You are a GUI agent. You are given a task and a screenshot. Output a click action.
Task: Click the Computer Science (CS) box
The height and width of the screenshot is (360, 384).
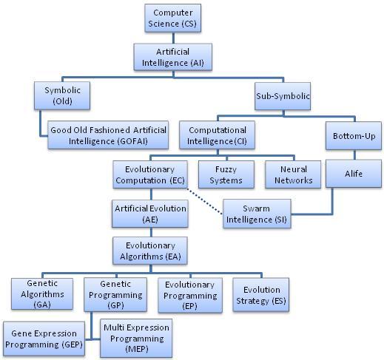(x=173, y=18)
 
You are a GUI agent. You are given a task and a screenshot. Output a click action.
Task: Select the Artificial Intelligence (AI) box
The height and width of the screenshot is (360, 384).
(x=173, y=57)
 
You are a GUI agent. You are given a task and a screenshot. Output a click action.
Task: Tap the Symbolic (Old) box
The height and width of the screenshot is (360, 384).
(x=62, y=95)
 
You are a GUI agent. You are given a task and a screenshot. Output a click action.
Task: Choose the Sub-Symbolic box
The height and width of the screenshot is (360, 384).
(x=283, y=96)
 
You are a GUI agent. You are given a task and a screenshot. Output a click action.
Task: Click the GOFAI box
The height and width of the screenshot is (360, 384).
(x=108, y=135)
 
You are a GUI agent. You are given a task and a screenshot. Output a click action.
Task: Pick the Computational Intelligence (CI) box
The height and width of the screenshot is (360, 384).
(x=218, y=135)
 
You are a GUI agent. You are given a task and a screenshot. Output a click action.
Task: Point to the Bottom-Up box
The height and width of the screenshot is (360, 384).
(x=354, y=136)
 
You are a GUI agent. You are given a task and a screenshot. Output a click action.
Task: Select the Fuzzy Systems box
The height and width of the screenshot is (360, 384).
(x=226, y=174)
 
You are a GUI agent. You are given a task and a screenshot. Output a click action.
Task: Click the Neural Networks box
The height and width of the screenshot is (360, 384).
(x=293, y=174)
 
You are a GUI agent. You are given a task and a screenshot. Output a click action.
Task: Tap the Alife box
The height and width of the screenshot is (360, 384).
(x=354, y=174)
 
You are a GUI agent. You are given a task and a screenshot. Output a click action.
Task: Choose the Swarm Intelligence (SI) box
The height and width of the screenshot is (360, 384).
(x=257, y=214)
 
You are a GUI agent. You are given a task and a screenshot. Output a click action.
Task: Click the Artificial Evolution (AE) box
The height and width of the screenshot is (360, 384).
(x=150, y=214)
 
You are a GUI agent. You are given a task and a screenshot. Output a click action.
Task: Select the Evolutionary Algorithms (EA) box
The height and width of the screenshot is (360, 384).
(x=150, y=251)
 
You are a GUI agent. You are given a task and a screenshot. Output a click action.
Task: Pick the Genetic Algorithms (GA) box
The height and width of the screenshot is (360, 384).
(x=42, y=293)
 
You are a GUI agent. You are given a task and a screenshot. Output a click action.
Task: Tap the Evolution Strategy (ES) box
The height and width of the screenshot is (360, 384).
(x=261, y=295)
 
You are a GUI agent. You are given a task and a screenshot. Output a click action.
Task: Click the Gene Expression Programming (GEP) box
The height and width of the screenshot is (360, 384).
(x=44, y=339)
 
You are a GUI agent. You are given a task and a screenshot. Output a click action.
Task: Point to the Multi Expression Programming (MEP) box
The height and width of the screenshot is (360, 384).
(x=136, y=338)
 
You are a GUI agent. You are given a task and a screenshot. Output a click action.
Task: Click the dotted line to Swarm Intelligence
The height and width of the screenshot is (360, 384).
(x=205, y=201)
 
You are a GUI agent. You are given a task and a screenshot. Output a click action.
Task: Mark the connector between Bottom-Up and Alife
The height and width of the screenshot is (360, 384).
(x=354, y=154)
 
